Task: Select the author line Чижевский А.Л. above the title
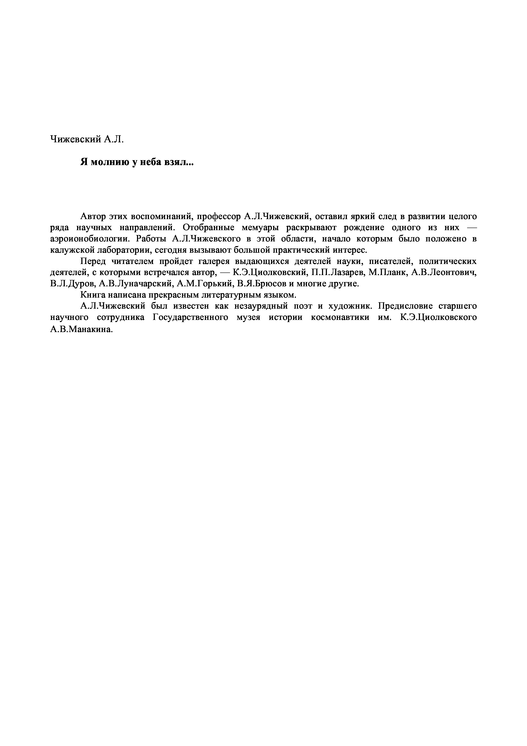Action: [87, 139]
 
